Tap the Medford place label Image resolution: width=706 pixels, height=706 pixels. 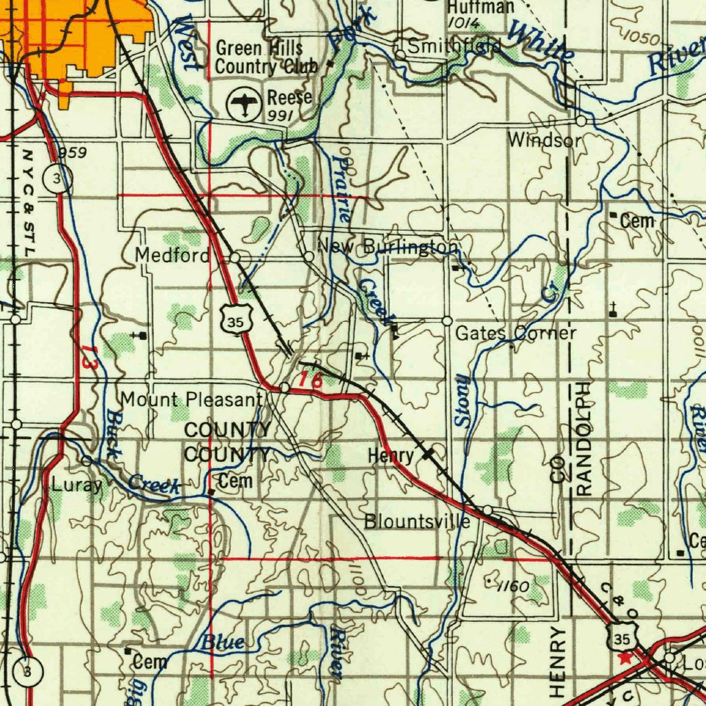point(172,256)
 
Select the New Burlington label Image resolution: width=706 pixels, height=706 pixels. point(387,247)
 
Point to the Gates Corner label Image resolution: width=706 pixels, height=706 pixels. point(516,334)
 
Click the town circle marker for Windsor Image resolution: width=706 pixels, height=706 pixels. point(581,121)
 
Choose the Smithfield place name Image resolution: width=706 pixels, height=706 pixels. point(454,47)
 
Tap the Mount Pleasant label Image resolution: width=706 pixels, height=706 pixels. point(192,399)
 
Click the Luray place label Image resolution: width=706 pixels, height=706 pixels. point(77,485)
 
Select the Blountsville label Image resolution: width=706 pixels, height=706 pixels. point(417,521)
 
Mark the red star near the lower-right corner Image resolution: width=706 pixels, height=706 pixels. point(625,658)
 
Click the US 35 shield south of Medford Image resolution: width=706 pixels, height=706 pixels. point(238,321)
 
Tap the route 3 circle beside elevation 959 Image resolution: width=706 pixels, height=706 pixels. point(56,179)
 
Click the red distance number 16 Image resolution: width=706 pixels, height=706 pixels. point(311,379)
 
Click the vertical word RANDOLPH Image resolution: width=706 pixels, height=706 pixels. point(583,438)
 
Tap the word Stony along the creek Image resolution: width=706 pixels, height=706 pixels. point(461,401)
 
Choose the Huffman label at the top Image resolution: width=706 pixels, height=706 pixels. point(481,7)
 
